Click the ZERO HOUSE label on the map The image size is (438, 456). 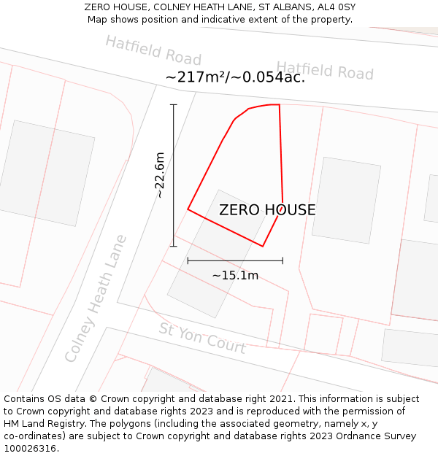coord(267,210)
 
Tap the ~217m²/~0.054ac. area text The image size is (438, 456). coord(235,77)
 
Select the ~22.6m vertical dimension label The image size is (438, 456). coord(160,175)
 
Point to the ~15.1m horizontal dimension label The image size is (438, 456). coord(235,276)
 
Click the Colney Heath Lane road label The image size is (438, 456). coord(96,298)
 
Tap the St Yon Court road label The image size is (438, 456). coord(202,338)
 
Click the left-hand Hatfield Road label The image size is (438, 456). coord(153,50)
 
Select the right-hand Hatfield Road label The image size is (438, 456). coord(325,70)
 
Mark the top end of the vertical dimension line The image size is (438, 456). coord(174,105)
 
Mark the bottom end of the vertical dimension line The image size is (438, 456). coord(174,246)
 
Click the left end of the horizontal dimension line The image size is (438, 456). coord(188,260)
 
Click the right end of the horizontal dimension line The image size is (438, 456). coord(283,260)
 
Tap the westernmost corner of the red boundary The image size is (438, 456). coord(188,209)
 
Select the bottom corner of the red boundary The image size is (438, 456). coord(263,247)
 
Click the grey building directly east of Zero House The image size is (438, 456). coord(346,200)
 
